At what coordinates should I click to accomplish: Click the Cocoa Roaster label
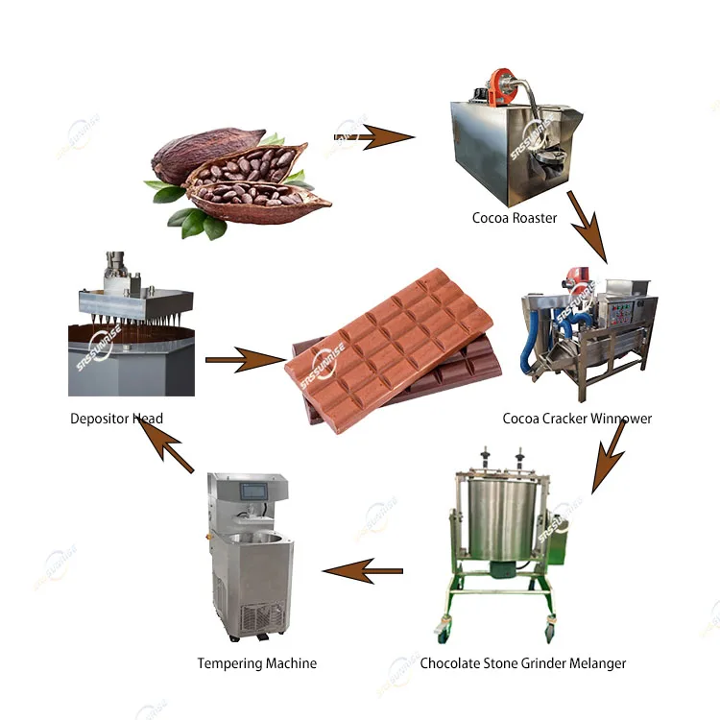tap(514, 218)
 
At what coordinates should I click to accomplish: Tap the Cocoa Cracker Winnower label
tap(577, 419)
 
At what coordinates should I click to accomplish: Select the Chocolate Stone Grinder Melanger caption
tap(523, 663)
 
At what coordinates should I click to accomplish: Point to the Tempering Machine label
tap(256, 663)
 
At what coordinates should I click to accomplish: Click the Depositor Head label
tap(116, 419)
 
